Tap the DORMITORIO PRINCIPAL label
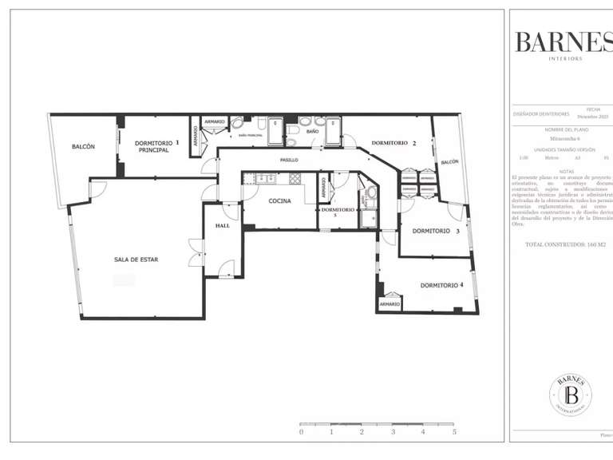click(x=153, y=146)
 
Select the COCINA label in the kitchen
click(x=279, y=201)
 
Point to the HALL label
click(x=222, y=226)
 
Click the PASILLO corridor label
click(x=289, y=161)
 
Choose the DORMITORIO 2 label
click(x=394, y=143)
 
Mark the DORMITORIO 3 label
click(x=435, y=232)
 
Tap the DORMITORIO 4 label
click(x=441, y=285)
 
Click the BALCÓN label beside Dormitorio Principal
click(x=83, y=147)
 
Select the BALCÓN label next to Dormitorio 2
click(x=449, y=162)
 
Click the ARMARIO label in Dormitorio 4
click(x=390, y=304)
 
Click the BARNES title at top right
click(x=563, y=42)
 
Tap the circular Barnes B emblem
click(x=571, y=395)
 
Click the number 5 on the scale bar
click(x=454, y=432)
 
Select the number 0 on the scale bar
click(x=301, y=432)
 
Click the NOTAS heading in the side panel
click(x=567, y=170)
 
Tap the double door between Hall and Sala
click(x=192, y=253)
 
